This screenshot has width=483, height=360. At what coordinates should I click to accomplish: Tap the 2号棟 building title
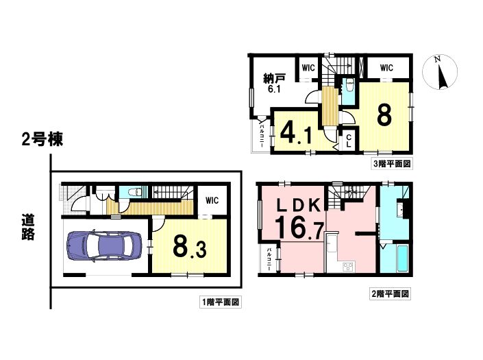[x=42, y=139]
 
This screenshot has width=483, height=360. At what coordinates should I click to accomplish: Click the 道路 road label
[x=28, y=227]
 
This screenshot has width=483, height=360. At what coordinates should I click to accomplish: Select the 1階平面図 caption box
[x=220, y=302]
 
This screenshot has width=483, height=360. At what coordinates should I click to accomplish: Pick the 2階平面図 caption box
[x=391, y=293]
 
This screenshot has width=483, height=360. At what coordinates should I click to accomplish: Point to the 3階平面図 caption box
[x=392, y=163]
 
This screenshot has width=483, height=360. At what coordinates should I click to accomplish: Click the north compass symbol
[x=440, y=73]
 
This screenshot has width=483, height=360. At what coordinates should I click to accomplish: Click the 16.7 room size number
[x=299, y=228]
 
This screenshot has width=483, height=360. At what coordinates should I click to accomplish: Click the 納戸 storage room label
[x=274, y=78]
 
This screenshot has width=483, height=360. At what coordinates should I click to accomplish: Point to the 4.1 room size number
[x=296, y=134]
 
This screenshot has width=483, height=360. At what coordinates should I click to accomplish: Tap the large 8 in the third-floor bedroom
[x=384, y=115]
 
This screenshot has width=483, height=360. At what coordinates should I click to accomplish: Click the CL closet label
[x=349, y=141]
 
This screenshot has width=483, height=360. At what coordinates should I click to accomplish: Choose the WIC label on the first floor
[x=212, y=201]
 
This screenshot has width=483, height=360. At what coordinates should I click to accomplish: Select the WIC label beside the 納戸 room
[x=308, y=68]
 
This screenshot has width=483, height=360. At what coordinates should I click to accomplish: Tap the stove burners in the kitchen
[x=349, y=267]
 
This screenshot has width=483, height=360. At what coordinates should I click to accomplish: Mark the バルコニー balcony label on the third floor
[x=262, y=134]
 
